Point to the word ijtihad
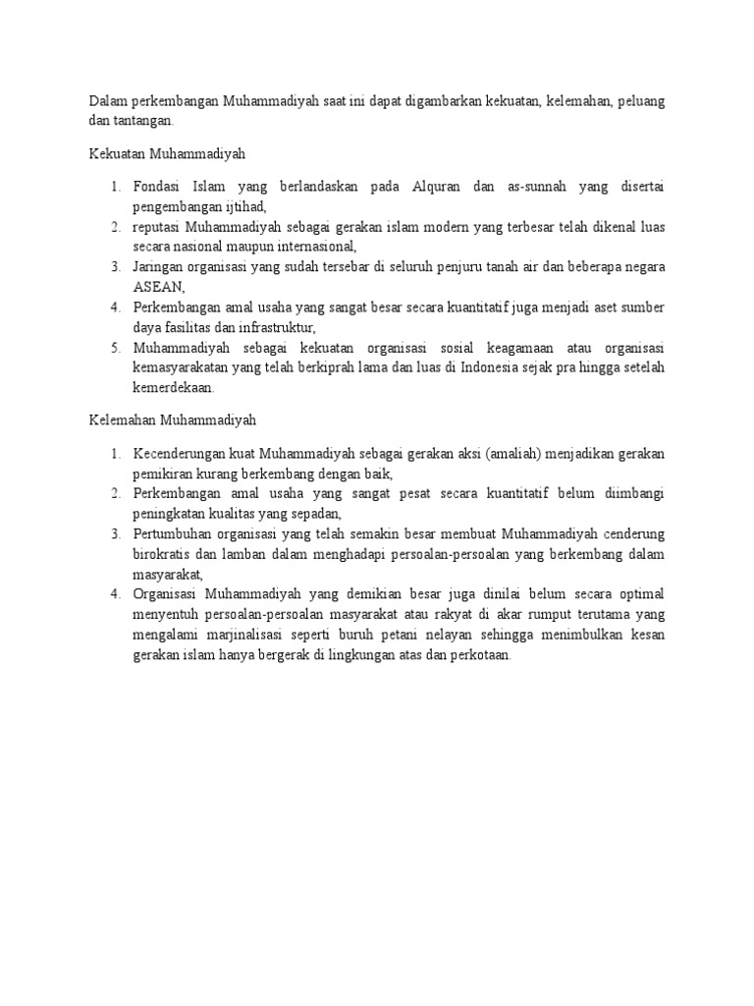pyautogui.click(x=242, y=206)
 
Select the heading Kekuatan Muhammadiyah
pyautogui.click(x=167, y=154)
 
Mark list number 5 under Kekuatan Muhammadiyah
pyautogui.click(x=115, y=347)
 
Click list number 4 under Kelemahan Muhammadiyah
pyautogui.click(x=115, y=593)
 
